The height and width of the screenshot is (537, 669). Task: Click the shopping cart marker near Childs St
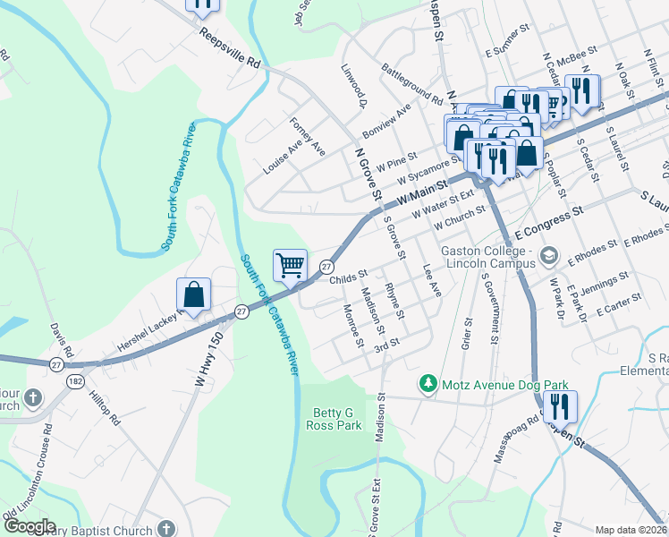(290, 265)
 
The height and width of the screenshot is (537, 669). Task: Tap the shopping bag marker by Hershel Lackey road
(193, 294)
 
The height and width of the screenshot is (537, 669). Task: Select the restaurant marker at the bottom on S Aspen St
(561, 406)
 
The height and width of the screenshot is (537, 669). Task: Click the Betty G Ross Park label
(337, 419)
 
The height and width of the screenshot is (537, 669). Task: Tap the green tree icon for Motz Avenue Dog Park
(429, 385)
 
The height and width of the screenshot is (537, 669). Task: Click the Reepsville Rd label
(229, 53)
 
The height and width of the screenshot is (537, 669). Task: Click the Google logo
(29, 526)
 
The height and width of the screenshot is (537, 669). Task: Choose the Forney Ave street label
(307, 136)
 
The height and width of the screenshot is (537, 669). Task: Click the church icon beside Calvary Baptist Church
(166, 530)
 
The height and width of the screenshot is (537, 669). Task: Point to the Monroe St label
(353, 326)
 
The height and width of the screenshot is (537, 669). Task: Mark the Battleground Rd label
(411, 83)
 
